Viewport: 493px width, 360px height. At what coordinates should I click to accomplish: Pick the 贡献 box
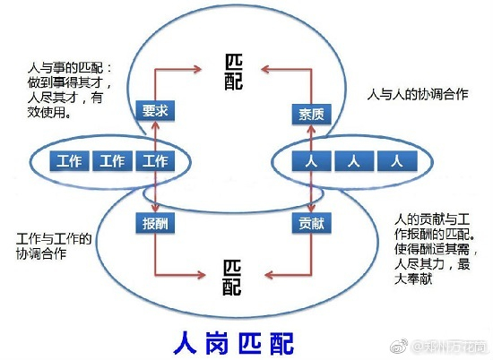310,222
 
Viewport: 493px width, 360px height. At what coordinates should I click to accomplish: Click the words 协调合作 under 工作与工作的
43,253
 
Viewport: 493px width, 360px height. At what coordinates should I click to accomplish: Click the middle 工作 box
113,162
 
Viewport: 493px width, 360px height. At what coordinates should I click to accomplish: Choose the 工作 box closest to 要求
155,162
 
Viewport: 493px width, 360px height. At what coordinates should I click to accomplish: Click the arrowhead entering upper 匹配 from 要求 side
212,65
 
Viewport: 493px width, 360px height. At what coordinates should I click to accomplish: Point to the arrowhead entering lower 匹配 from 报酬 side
212,270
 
